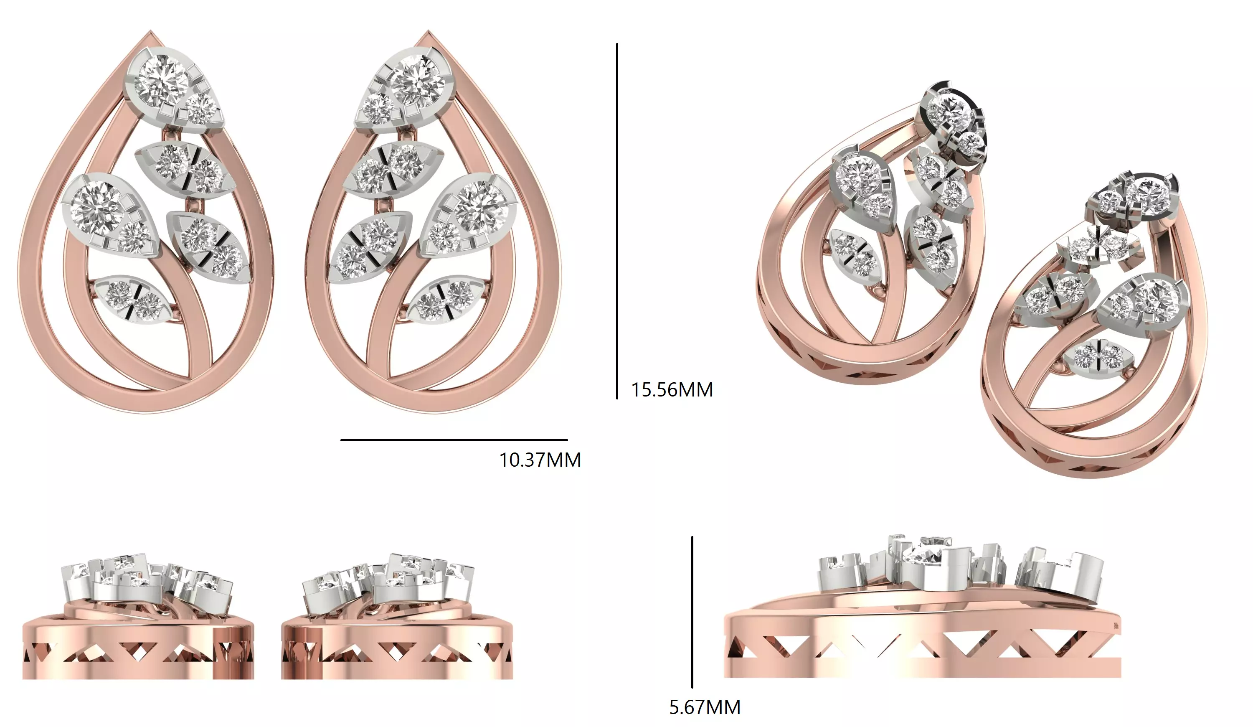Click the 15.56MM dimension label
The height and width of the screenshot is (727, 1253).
672,389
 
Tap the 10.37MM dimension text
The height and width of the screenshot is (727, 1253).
540,460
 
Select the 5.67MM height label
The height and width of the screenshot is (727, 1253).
705,707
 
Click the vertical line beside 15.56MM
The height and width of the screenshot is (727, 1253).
617,221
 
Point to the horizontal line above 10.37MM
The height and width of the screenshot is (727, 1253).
454,440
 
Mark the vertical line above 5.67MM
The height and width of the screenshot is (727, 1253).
692,612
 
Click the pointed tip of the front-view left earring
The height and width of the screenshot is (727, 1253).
151,34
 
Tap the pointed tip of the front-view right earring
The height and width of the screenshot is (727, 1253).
428,34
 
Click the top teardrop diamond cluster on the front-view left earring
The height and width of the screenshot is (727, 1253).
173,89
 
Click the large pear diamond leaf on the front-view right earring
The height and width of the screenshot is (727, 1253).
469,215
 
